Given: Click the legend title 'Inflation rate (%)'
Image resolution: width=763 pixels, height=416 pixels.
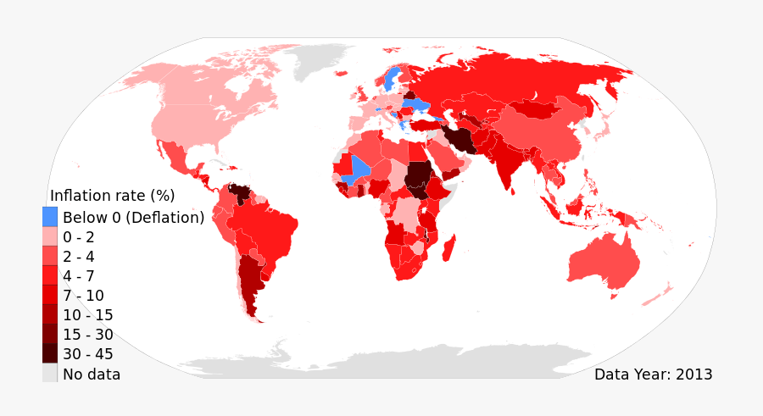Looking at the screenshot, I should tap(113, 196).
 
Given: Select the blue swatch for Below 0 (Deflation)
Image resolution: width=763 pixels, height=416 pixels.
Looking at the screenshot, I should tap(50, 217).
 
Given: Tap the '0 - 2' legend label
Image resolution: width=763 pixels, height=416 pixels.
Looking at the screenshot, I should tap(79, 237).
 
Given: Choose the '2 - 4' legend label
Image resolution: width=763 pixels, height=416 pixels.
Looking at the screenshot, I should tap(79, 257).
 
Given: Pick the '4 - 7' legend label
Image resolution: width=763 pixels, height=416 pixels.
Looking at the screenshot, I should tap(79, 276).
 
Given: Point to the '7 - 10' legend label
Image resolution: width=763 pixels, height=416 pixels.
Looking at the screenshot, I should tap(83, 296).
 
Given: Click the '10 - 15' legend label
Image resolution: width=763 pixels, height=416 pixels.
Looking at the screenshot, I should tap(87, 315).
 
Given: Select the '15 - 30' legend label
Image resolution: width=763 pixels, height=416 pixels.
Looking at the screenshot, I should tap(87, 335).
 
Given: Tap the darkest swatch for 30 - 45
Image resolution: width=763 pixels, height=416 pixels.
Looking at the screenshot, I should tap(50, 354).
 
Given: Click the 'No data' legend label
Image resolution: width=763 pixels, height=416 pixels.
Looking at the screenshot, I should tap(92, 374).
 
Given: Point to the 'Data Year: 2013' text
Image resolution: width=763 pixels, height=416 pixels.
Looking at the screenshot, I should tap(653, 374).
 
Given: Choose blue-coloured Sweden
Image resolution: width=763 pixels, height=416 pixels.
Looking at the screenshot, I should tap(390, 80).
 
